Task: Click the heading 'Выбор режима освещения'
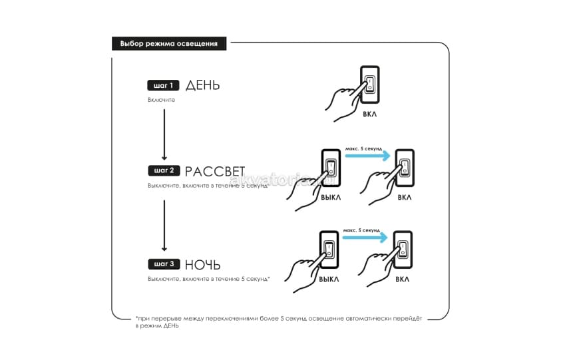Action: point(168,44)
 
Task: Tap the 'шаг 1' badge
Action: point(163,85)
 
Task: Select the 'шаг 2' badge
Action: point(164,170)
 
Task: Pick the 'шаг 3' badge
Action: point(164,264)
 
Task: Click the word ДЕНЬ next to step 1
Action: point(202,85)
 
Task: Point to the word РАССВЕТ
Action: point(215,171)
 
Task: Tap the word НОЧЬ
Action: point(202,265)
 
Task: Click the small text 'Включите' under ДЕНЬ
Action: point(161,100)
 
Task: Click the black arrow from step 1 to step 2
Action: point(164,134)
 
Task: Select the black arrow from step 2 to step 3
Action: point(164,226)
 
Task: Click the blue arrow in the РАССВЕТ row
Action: point(367,156)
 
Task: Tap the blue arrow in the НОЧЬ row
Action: point(365,237)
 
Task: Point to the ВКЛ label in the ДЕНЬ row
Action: point(370,114)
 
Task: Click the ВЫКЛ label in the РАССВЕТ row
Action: point(331,198)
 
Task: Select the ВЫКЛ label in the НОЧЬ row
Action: point(329,279)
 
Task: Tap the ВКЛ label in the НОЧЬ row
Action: point(402,279)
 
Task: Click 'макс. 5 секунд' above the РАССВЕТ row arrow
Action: point(363,148)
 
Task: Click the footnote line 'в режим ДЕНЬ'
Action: point(157,326)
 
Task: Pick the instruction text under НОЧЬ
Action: point(209,279)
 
